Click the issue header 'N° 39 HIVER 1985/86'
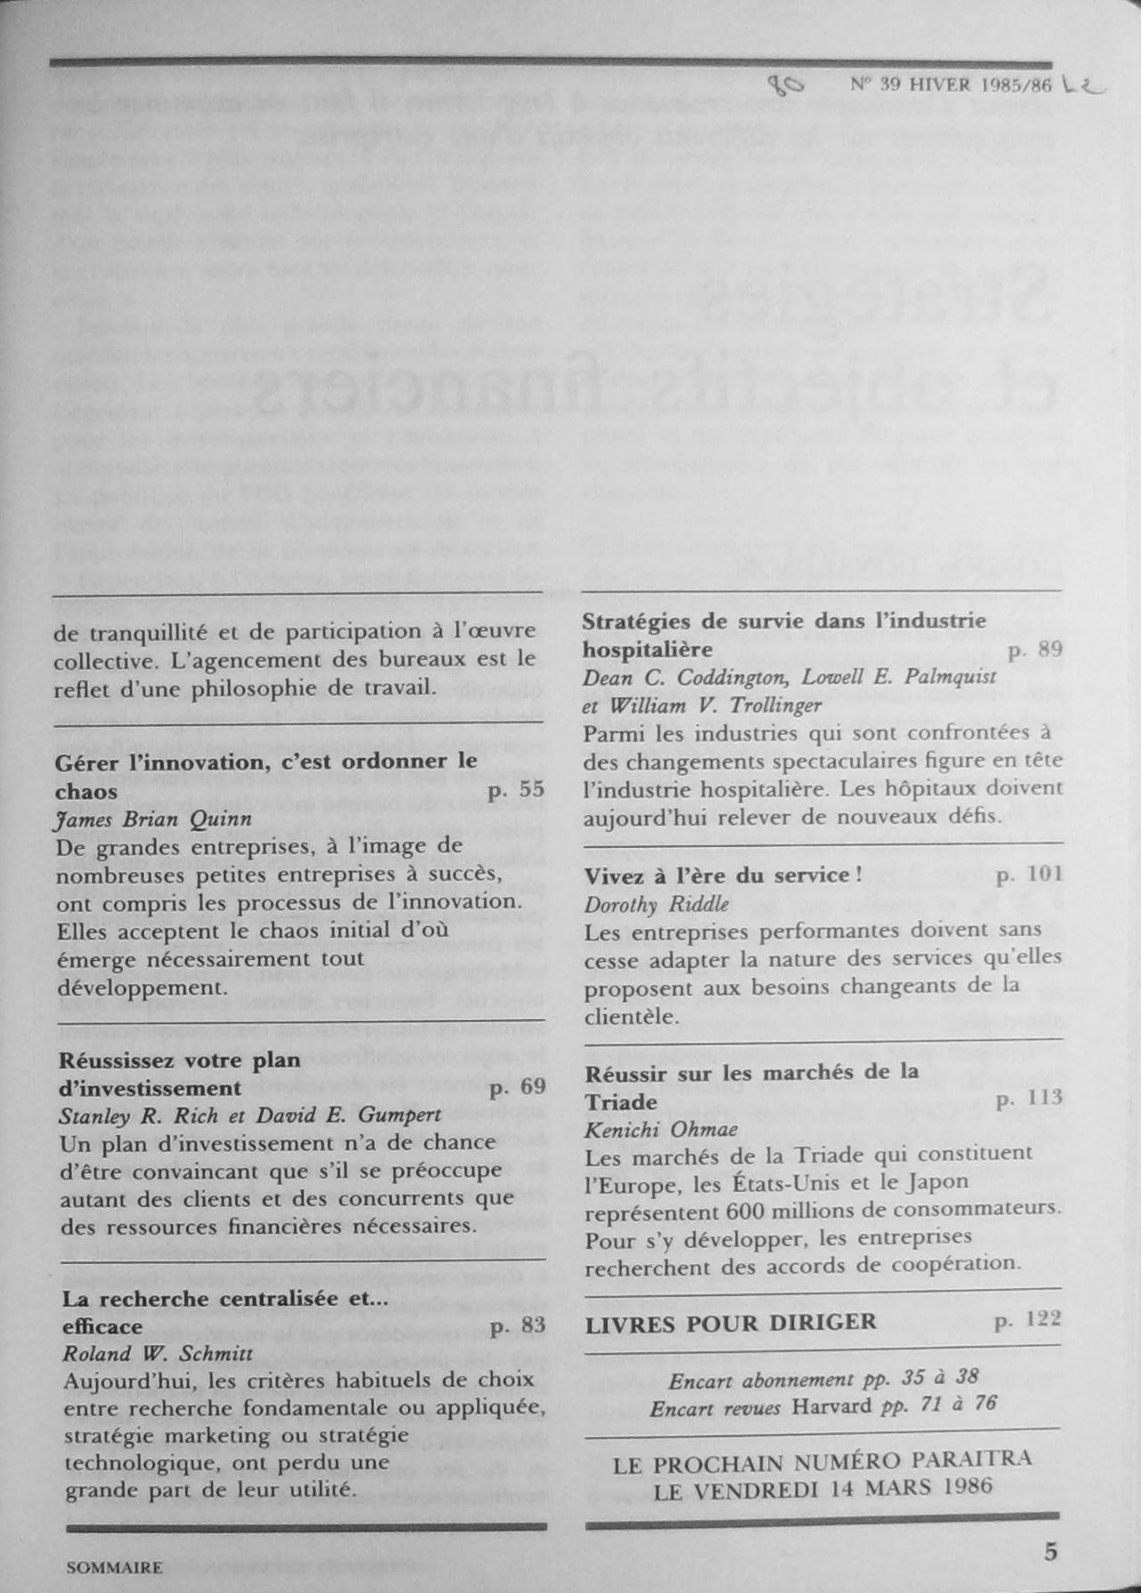952,85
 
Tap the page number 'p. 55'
516,789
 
